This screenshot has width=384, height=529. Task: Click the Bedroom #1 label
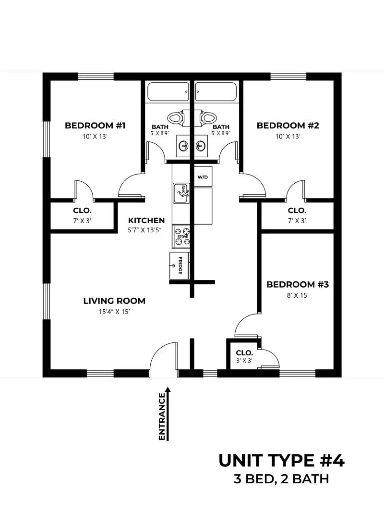pos(95,126)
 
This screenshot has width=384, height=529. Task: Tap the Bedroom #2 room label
pos(288,126)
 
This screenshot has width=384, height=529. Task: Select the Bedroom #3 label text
pos(298,284)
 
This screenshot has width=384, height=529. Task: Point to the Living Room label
pos(114,301)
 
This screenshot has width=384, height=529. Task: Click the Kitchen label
pos(146,220)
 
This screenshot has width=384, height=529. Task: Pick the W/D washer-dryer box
pos(203,176)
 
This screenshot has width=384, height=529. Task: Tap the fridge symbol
pos(180,266)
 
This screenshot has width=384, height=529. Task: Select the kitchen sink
pos(181,193)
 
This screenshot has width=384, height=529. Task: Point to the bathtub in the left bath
pos(168,92)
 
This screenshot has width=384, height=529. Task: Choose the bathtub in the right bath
pos(216,92)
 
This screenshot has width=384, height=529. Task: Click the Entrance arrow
pos(168,414)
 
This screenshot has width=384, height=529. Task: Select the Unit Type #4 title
pos(282,461)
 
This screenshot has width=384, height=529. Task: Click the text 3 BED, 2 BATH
pos(281,479)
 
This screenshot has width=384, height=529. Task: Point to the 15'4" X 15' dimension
pos(114,312)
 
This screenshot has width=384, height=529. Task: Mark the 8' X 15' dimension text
pos(298,296)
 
